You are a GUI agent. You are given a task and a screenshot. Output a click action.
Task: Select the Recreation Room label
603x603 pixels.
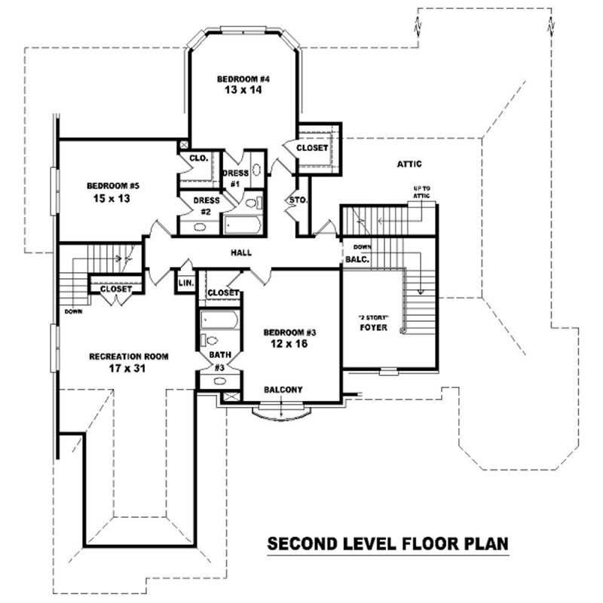(x=128, y=357)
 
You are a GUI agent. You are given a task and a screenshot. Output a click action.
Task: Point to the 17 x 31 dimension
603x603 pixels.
(x=128, y=369)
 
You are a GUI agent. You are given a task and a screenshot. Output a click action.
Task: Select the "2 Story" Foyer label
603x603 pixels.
(x=373, y=323)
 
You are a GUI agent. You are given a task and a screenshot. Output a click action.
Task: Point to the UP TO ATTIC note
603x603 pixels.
(x=421, y=191)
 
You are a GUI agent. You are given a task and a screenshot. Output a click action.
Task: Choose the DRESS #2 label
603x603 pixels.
(x=207, y=206)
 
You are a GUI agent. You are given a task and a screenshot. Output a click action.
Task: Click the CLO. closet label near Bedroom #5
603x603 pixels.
(x=198, y=158)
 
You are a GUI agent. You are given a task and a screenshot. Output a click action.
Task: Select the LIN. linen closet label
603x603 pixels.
(x=186, y=283)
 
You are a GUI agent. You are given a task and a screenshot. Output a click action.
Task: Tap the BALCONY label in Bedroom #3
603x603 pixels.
(x=283, y=390)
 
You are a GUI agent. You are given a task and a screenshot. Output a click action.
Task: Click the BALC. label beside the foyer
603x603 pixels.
(x=356, y=259)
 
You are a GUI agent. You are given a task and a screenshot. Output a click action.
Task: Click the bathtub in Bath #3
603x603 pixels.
(x=219, y=321)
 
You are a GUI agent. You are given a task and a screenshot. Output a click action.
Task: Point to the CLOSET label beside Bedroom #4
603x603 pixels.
(x=312, y=148)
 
